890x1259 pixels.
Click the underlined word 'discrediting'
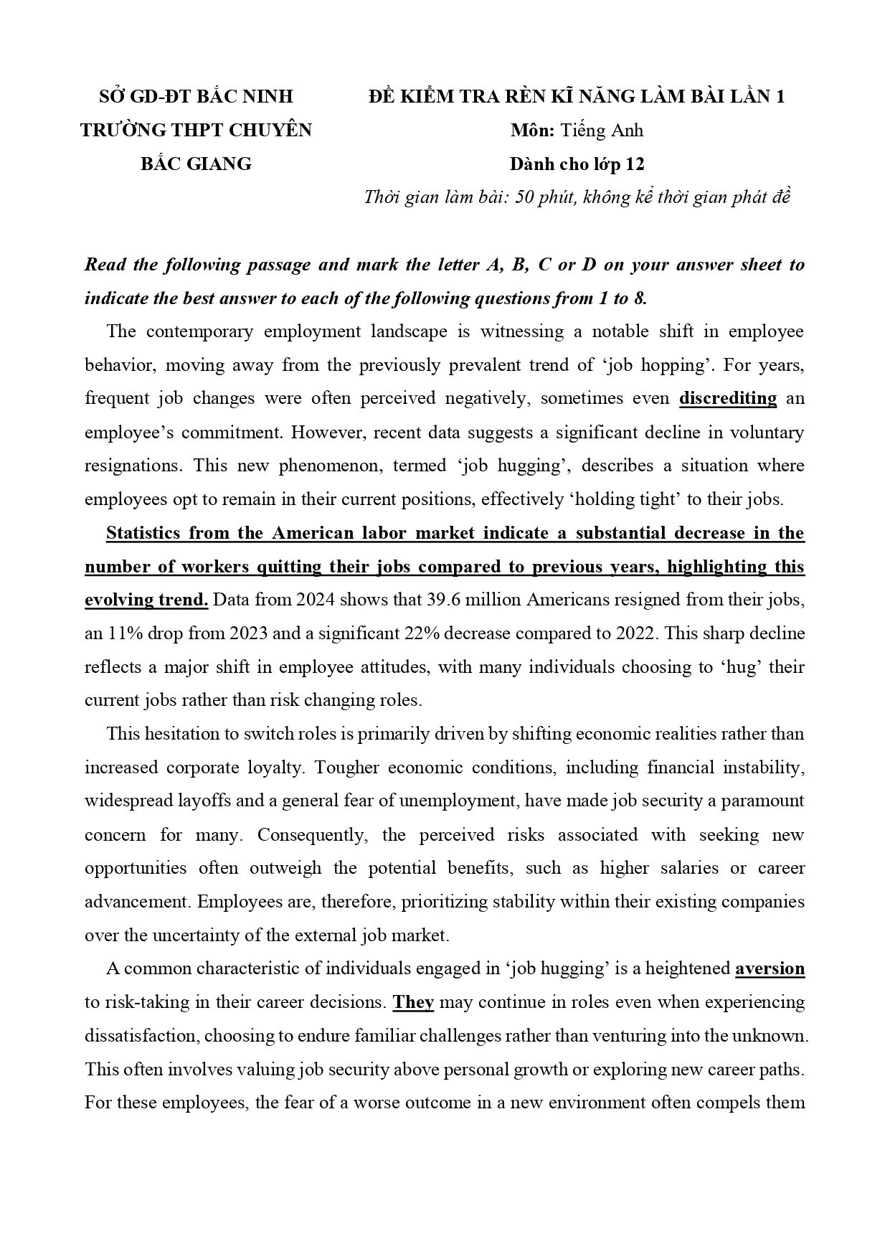727,398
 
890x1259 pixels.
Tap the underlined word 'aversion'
770,968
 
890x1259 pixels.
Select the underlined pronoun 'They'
413,1002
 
